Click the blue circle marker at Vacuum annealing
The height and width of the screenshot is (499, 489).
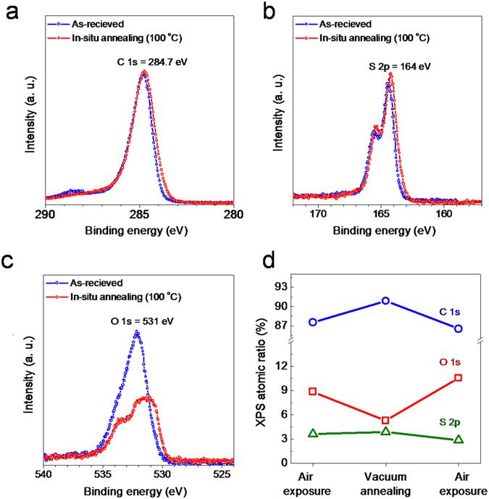386,300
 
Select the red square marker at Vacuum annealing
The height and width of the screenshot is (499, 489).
386,420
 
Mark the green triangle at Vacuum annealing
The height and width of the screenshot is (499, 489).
386,431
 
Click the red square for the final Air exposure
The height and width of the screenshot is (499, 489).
459,378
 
